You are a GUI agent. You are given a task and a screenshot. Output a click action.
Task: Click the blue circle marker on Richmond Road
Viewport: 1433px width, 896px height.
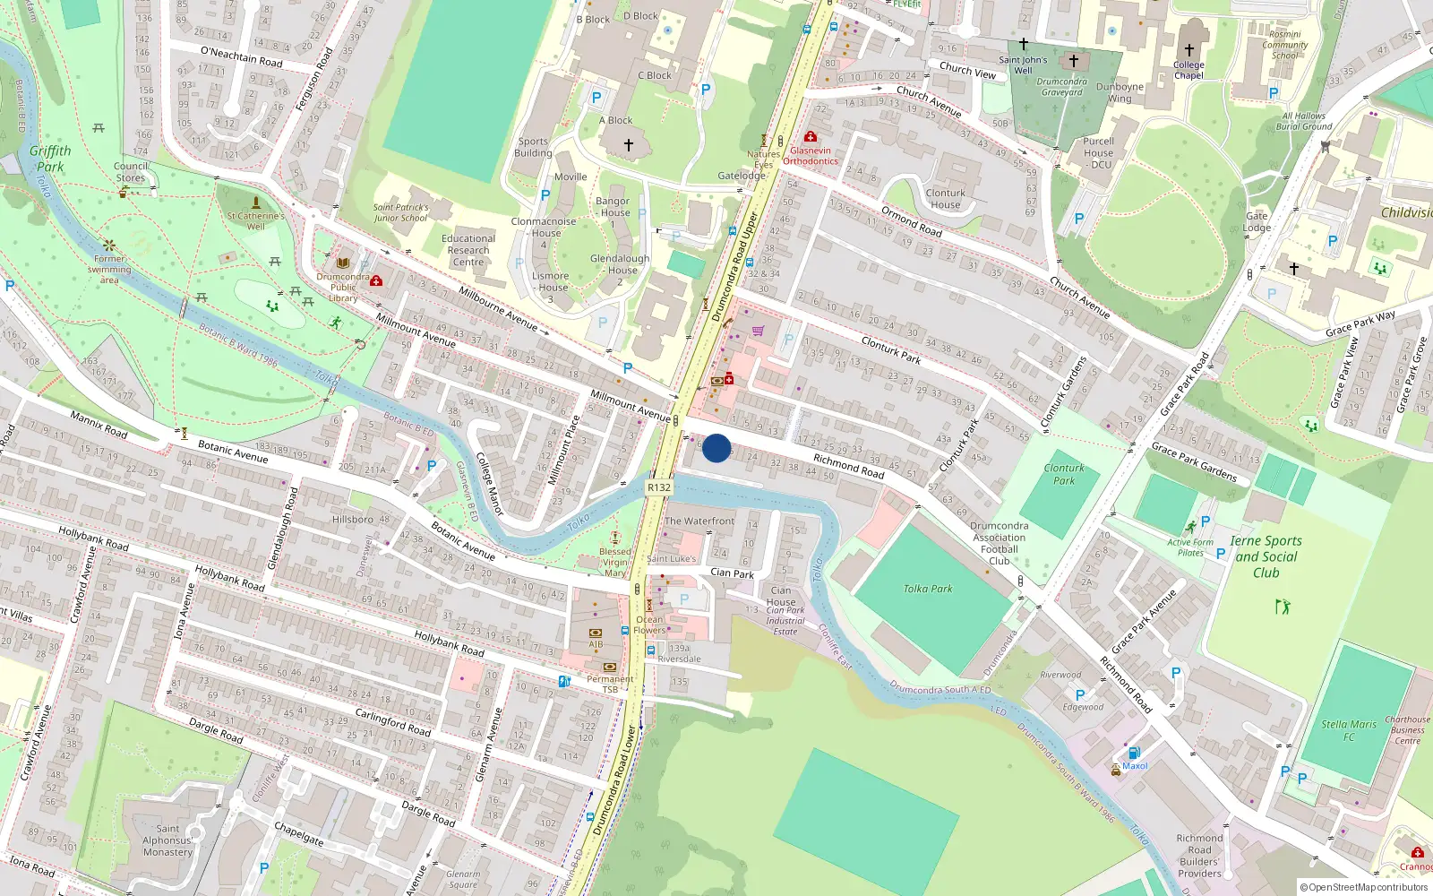(716, 448)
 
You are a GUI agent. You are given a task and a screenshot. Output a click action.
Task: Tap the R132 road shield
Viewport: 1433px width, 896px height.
(658, 487)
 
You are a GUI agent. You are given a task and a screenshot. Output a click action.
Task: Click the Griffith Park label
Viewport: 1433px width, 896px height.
(50, 159)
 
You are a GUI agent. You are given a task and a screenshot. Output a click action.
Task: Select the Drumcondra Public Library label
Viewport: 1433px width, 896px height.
(343, 288)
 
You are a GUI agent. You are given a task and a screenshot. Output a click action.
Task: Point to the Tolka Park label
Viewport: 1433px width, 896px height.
(928, 589)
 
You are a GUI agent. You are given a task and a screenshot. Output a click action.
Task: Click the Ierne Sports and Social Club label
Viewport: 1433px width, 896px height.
(1266, 556)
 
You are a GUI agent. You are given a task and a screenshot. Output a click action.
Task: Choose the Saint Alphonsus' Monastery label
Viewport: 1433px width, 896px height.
(167, 840)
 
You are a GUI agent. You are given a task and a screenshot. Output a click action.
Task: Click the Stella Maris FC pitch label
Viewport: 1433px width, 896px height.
(1349, 730)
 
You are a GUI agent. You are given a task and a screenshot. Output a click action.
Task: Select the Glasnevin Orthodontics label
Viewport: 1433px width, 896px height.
(811, 156)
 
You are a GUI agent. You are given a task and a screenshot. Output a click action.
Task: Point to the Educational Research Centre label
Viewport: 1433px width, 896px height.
(468, 250)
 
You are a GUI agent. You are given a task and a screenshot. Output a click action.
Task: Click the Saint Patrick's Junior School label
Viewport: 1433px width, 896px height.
(400, 212)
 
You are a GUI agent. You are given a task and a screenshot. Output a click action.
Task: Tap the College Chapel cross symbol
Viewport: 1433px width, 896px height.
(1189, 50)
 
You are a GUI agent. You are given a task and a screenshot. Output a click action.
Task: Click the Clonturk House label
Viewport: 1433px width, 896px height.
(945, 199)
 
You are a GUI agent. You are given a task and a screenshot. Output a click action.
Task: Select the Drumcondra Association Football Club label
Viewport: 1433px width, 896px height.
(999, 543)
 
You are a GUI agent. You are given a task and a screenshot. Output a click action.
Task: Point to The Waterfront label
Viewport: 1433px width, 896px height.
(699, 521)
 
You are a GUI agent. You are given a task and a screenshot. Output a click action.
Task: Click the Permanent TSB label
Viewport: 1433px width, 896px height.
(610, 684)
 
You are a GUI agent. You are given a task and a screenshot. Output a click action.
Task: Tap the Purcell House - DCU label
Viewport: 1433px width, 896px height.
(1099, 152)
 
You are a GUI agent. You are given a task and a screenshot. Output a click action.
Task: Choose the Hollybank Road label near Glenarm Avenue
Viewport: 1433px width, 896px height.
(449, 643)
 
